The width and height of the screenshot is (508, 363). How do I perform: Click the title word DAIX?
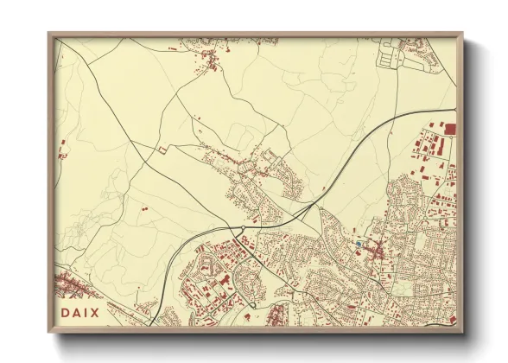80,311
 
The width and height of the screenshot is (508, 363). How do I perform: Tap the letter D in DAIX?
66,311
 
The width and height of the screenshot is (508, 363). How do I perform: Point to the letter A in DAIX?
77,311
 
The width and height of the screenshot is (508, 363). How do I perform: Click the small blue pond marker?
358,245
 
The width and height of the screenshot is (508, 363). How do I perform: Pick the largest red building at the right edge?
449,129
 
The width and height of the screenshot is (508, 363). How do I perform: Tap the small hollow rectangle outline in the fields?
161,150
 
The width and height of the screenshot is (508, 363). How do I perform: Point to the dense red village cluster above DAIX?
69,283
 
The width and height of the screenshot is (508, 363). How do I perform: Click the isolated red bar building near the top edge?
173,50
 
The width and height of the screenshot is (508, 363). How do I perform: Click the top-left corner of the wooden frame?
49,34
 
